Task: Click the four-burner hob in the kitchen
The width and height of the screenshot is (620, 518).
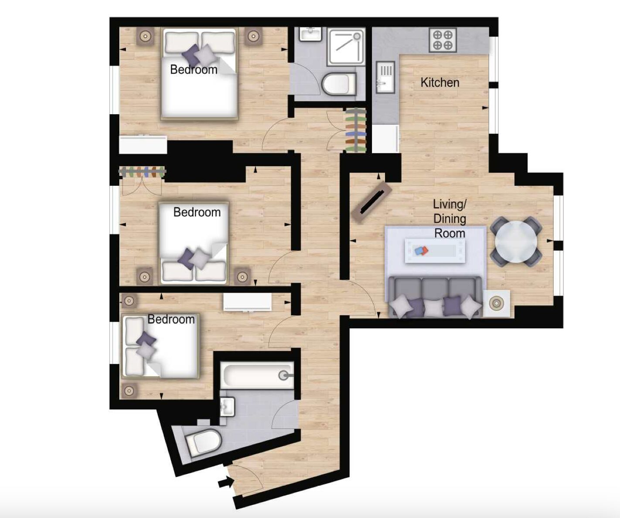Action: click(443, 40)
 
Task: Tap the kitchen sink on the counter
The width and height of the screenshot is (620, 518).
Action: click(386, 77)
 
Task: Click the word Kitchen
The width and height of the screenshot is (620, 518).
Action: click(440, 82)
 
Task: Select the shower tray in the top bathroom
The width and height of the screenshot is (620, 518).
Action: click(346, 47)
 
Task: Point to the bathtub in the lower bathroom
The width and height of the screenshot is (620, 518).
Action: click(257, 375)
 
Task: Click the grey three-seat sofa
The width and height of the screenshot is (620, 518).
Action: click(435, 297)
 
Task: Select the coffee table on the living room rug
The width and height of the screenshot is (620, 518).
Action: click(435, 251)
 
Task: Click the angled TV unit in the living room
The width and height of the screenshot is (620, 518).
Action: click(371, 202)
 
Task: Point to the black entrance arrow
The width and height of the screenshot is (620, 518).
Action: click(226, 482)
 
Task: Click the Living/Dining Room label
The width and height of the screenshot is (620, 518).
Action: click(450, 219)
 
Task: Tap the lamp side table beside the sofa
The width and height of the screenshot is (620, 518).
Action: click(497, 303)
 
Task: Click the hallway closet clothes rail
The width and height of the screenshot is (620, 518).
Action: click(356, 130)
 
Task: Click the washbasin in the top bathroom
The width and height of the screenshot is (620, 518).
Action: click(310, 34)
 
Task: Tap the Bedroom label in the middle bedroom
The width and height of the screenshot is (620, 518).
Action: click(197, 212)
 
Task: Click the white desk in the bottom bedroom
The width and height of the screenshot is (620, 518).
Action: click(247, 303)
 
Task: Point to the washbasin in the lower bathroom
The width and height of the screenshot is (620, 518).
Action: click(228, 406)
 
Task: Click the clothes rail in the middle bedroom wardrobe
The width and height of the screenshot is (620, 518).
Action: click(142, 172)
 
